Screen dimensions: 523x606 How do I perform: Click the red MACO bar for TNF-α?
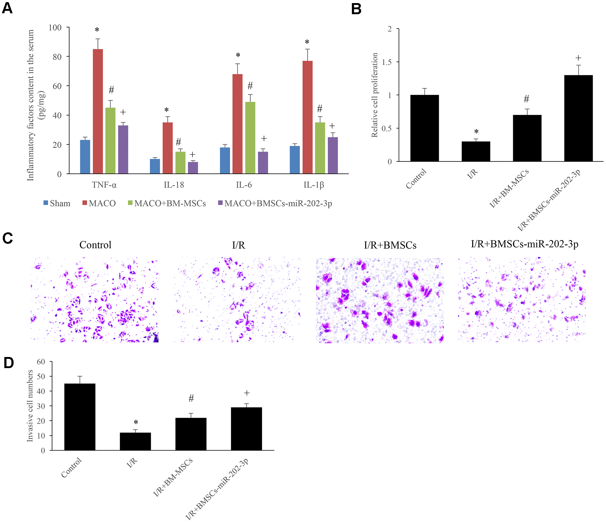[x=98, y=111]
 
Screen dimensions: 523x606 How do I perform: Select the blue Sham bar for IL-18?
[x=155, y=166]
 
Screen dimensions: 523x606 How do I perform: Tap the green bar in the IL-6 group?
[x=250, y=138]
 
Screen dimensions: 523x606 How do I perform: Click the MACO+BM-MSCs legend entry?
[x=167, y=203]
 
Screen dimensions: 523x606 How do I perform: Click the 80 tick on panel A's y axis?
[x=57, y=57]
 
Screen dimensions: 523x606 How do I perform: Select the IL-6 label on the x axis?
[x=244, y=185]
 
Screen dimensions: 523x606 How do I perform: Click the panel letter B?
[x=356, y=9]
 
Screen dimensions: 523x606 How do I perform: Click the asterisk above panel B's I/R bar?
[x=476, y=132]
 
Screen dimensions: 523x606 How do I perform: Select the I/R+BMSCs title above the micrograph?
[x=390, y=245]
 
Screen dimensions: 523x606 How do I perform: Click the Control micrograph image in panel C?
[x=94, y=300]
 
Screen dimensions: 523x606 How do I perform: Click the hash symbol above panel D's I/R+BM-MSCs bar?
[x=191, y=398]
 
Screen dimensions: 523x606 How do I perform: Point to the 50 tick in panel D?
[x=41, y=376]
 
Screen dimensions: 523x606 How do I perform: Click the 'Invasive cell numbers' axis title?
[x=30, y=406]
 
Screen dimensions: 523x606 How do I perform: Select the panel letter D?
[x=9, y=363]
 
